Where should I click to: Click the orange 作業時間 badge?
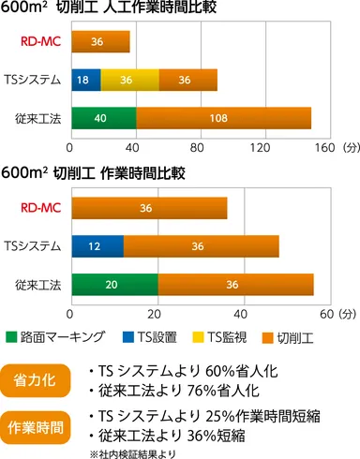pyautogui.click(x=38, y=426)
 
